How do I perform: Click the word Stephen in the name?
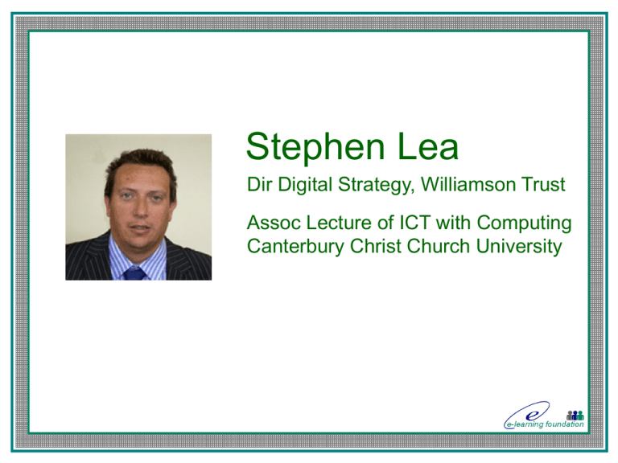[x=315, y=147]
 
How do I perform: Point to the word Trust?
[x=543, y=185]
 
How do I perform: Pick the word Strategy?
[x=377, y=186]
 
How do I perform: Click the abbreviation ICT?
[x=415, y=223]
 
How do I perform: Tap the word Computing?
[x=524, y=223]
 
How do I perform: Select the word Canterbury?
[x=295, y=247]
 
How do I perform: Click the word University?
[x=519, y=247]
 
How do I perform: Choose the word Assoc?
[x=274, y=223]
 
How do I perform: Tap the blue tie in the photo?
[x=134, y=272]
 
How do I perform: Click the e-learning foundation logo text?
[x=544, y=424]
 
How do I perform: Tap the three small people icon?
[x=575, y=415]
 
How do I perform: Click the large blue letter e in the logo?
[x=532, y=416]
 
